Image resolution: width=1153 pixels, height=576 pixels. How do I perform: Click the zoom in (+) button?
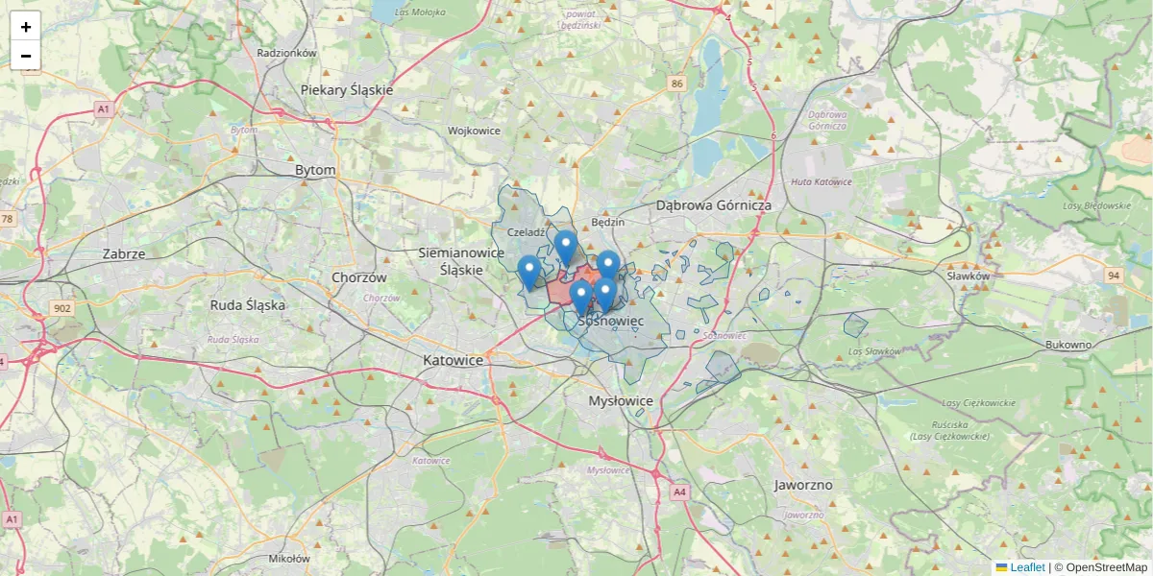coord(25,27)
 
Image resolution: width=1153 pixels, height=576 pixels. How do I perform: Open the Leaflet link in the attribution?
coord(1026,567)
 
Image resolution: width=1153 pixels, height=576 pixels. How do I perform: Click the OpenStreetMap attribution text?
coord(1106,567)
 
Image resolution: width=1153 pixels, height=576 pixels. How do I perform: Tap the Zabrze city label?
coord(124,254)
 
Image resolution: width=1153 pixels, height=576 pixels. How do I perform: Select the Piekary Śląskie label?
coord(347,89)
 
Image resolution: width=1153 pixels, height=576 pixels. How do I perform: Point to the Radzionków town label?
coord(287,54)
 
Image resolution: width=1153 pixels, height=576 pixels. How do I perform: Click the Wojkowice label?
coord(474,130)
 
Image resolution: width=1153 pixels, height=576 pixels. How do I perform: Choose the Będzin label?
coord(608,222)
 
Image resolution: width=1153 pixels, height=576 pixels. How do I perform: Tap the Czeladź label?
coord(527,231)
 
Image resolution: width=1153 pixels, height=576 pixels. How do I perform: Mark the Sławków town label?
coord(968,276)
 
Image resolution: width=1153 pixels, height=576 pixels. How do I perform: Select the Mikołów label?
coord(289,558)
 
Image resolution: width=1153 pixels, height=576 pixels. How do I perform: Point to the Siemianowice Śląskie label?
coord(462,261)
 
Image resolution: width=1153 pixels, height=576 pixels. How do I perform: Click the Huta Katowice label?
coord(821,181)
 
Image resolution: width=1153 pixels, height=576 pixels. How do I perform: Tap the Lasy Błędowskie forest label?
coord(1097,205)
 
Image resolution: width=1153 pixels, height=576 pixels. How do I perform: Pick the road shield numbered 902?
coord(62,308)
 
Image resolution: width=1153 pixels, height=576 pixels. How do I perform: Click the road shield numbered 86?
coord(677,84)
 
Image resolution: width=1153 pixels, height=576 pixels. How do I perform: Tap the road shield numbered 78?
coord(8,219)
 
